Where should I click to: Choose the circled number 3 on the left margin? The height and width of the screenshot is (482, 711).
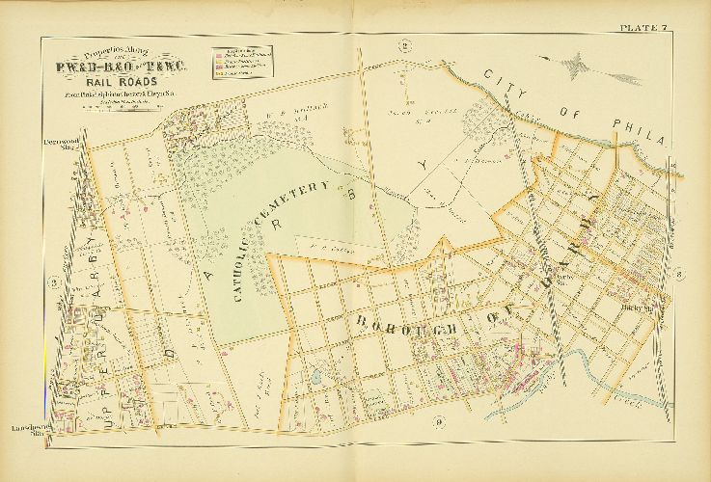[55, 282]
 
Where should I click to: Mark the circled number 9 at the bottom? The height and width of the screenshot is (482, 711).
[438, 419]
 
